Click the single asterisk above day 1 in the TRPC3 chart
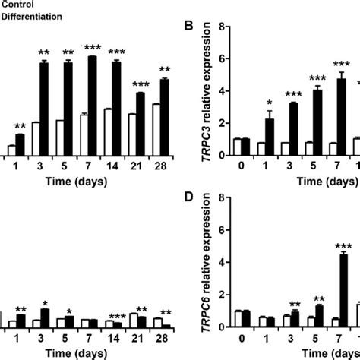268,103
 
